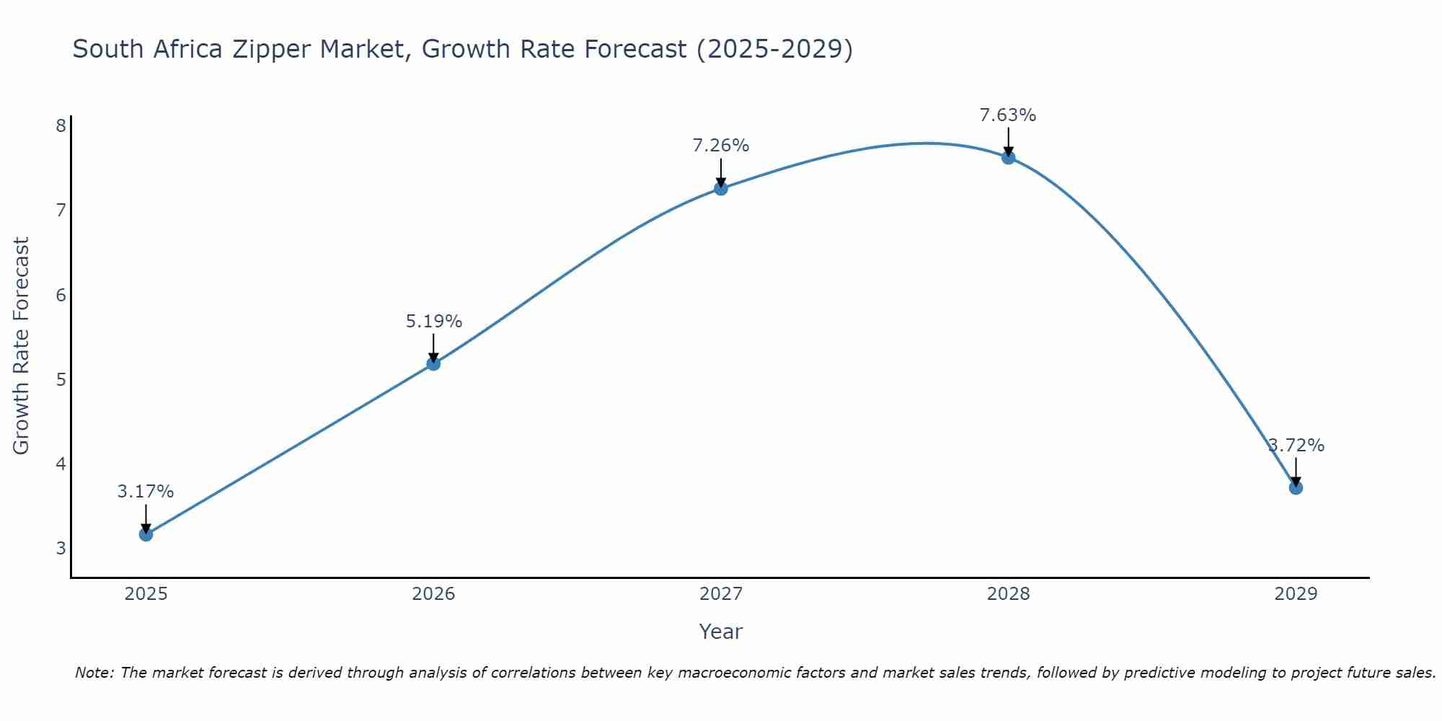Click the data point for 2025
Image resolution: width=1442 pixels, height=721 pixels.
tap(146, 534)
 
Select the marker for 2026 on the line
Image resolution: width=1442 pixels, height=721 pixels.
tap(433, 363)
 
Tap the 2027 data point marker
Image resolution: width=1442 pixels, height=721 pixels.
tap(720, 189)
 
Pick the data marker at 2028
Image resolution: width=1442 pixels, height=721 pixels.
tap(1008, 157)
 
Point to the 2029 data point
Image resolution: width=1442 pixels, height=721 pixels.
tap(1296, 487)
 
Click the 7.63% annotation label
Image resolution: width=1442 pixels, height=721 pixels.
tap(1008, 115)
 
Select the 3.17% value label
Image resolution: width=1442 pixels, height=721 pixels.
tap(146, 492)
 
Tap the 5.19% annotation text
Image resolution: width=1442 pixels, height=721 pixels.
tap(433, 322)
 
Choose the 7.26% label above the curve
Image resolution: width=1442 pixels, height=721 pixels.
tap(720, 146)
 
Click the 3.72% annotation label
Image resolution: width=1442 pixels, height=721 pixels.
tap(1296, 446)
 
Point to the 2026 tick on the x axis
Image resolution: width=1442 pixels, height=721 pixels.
tap(433, 594)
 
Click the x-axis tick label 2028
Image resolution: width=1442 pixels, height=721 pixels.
tap(1008, 594)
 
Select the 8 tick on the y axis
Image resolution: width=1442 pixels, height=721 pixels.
tap(61, 126)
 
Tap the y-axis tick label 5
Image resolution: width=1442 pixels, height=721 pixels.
tap(61, 379)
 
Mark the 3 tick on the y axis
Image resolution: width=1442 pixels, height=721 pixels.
tap(61, 548)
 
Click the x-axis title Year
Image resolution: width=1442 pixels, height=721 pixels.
tap(720, 632)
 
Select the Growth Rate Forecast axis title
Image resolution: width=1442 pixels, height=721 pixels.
tap(22, 346)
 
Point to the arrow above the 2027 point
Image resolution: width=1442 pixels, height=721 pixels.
tap(720, 173)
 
